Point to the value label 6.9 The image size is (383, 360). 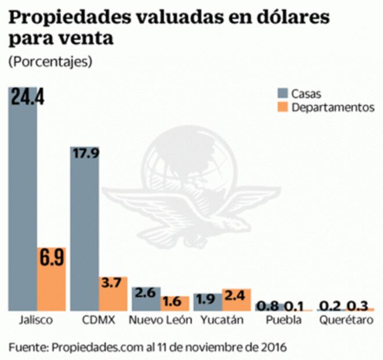click(52, 259)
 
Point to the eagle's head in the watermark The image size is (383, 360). click(237, 223)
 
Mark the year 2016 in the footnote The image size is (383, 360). click(272, 347)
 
